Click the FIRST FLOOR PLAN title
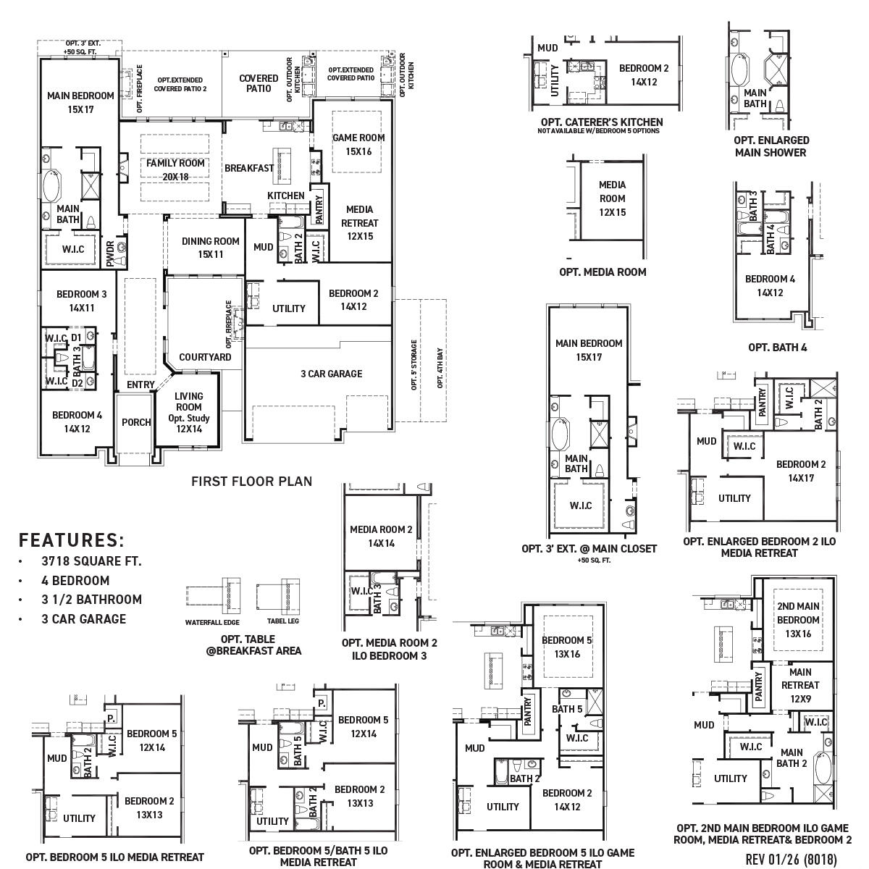click(251, 481)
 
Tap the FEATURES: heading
click(72, 540)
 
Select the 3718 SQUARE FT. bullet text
click(91, 561)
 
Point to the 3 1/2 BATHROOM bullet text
click(91, 600)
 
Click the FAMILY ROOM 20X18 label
click(175, 169)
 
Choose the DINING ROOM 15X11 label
click(210, 248)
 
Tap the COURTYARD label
click(205, 357)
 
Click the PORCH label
click(136, 422)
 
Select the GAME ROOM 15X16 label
click(358, 144)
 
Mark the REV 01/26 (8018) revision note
click(791, 859)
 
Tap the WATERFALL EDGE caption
click(212, 622)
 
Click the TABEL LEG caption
click(283, 621)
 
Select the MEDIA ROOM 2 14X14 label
click(381, 536)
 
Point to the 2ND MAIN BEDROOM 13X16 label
click(798, 619)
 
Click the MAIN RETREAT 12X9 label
click(800, 685)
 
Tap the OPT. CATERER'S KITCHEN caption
click(601, 122)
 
